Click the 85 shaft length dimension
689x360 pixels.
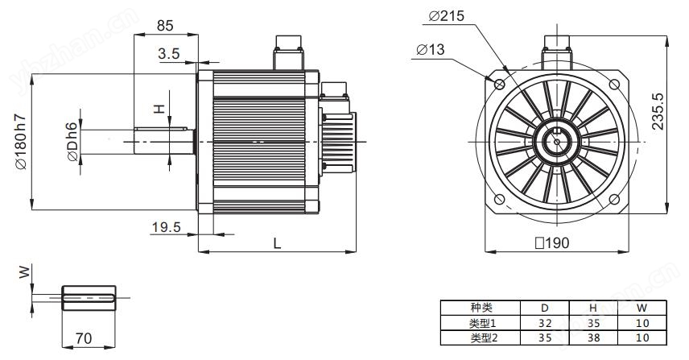pos(165,26)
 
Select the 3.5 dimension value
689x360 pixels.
pos(169,54)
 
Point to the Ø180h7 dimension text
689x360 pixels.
pos(21,142)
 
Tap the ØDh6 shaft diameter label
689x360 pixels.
pos(72,142)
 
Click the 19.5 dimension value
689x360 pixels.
pos(166,227)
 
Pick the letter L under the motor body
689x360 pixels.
pos(277,243)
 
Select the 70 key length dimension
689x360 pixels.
pos(84,338)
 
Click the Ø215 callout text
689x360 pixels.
pos(446,16)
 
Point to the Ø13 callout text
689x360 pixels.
pos(430,49)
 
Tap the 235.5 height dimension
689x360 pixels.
pos(658,111)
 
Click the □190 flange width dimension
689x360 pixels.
pos(552,242)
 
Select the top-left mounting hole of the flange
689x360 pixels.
pos(500,84)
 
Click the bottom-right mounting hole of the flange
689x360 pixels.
pos(614,200)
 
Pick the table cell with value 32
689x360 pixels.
pos(545,323)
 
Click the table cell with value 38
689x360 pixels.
pos(594,337)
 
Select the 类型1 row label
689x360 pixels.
pos(482,323)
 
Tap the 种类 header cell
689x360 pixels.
pos(481,308)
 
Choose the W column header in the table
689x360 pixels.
pos(642,308)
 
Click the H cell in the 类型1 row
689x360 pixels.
pos(594,323)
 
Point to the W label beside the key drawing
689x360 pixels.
pos(24,271)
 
